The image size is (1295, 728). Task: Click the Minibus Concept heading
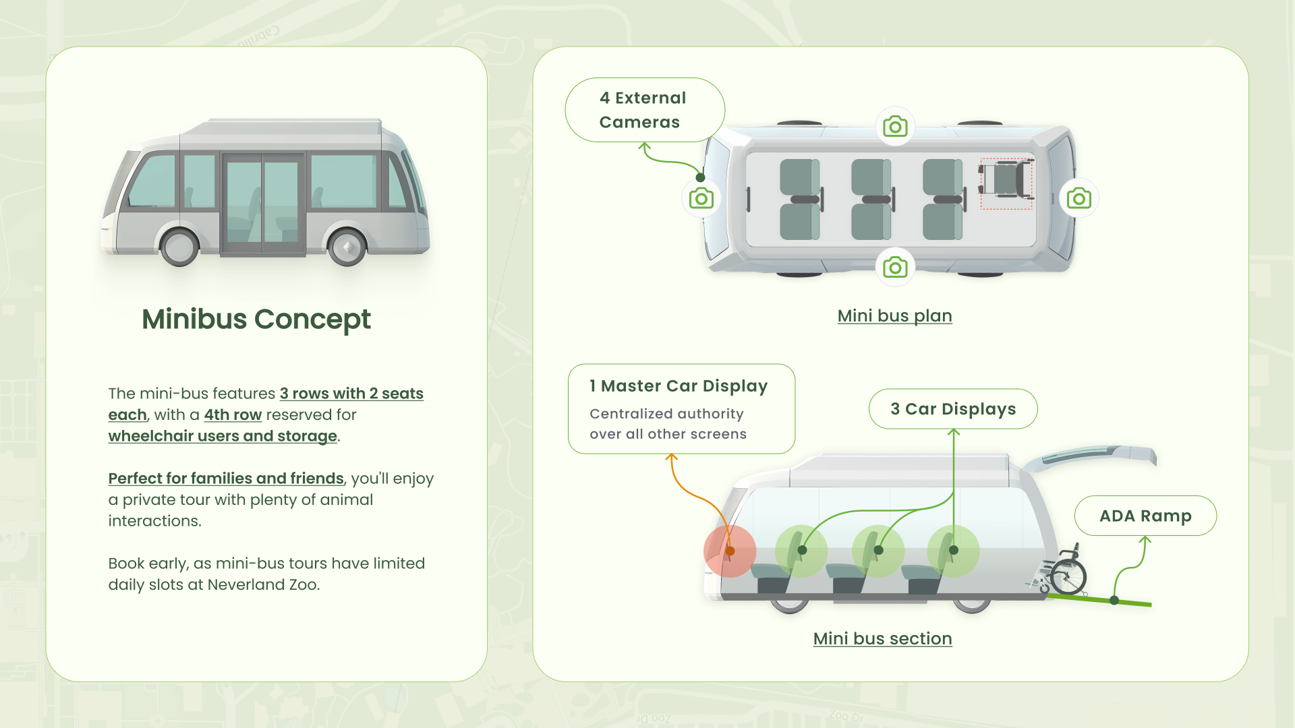pos(256,320)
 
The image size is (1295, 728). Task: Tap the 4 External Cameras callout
pos(645,110)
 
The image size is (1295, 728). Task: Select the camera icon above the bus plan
pos(895,126)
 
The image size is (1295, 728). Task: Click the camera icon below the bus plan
pos(895,268)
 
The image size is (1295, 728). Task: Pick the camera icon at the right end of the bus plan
pos(1079,198)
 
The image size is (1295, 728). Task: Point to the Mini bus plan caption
pos(894,315)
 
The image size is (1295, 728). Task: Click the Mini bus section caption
pos(882,638)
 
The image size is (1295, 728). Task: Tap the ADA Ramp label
pos(1145,516)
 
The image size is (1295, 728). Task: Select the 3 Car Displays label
pos(953,408)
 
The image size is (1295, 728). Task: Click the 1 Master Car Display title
pos(679,386)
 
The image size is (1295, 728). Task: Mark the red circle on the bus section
pos(730,551)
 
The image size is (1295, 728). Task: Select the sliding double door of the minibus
pos(263,204)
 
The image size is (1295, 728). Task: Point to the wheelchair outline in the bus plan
pos(1006,183)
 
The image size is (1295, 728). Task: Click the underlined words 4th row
pos(233,415)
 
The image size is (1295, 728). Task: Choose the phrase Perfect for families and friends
pos(226,478)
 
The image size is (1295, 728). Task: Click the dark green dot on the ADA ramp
pos(1114,600)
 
